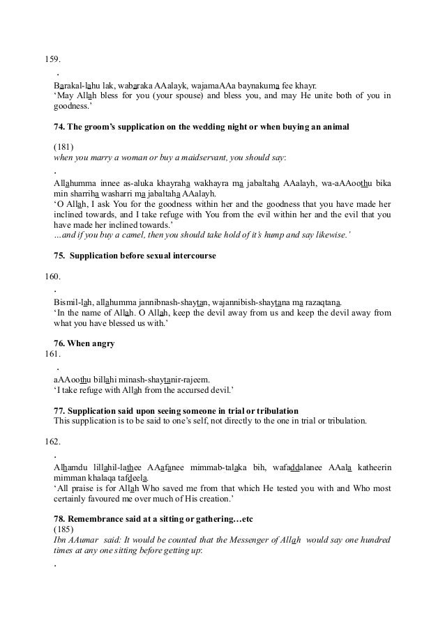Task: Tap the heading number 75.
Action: point(60,256)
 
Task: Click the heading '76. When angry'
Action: point(84,343)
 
